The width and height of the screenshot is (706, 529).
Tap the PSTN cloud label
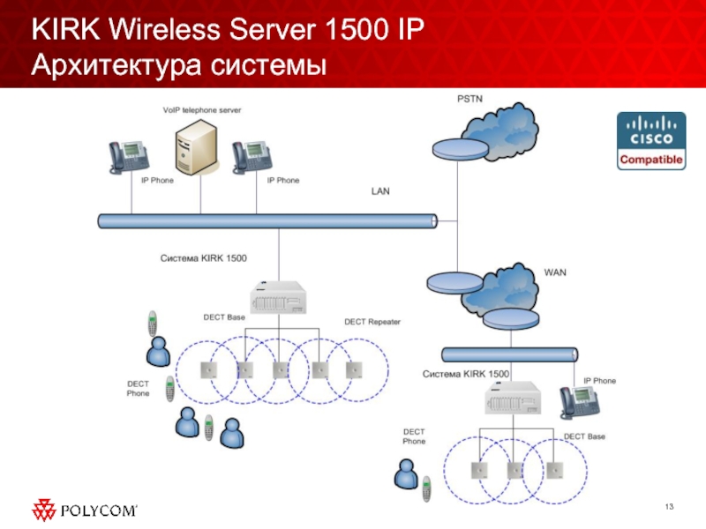[x=470, y=98]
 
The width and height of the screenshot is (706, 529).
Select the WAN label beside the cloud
[x=555, y=272]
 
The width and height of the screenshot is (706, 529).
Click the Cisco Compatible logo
[x=651, y=141]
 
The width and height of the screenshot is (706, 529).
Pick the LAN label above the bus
[x=380, y=190]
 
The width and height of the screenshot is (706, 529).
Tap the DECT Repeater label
[x=372, y=322]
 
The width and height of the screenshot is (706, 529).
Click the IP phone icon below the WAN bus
[x=579, y=402]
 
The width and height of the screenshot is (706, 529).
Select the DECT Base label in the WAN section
[x=584, y=436]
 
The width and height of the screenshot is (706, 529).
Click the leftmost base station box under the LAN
[x=210, y=369]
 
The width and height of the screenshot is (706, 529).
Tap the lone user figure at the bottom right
[x=407, y=476]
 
